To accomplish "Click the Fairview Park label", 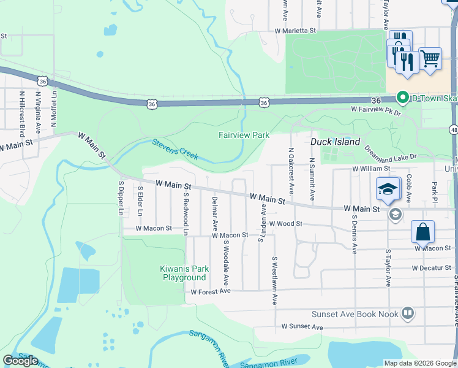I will coord(244,135).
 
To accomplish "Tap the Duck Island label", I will coord(335,141).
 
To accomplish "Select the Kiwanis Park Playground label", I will coord(184,273).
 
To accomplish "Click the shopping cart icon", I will coord(430,59).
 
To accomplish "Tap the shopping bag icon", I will coord(422,232).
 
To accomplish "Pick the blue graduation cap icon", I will coord(388,188).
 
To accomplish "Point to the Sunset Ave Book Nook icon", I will coord(407,314).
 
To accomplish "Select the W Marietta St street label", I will coord(295,30).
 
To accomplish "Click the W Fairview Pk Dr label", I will coord(375,111).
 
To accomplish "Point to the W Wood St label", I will coord(285,224).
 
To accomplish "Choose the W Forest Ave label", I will coord(210,292).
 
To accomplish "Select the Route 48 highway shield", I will coord(453,129).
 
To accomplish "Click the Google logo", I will coord(20,361).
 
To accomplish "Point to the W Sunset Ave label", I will coord(302,328).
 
